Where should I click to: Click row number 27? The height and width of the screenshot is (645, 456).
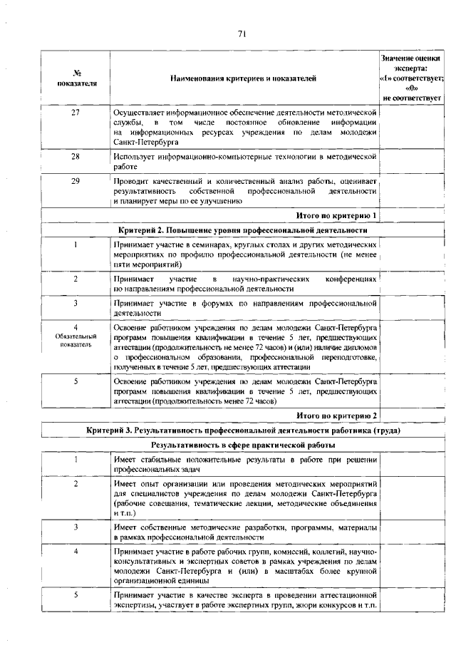click(75, 113)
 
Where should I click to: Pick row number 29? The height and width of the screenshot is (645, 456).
click(75, 181)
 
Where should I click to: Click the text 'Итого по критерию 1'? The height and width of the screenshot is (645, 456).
click(336, 215)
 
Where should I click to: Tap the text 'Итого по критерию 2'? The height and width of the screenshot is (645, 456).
click(336, 416)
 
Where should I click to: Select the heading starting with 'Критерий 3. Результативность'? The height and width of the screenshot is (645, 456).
click(243, 431)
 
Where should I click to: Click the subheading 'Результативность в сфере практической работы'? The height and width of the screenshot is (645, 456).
click(243, 445)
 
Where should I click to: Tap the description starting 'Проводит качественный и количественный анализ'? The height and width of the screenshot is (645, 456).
click(244, 191)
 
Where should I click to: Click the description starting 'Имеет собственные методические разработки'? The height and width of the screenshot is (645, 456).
click(244, 532)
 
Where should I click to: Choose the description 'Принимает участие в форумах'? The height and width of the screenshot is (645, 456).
click(244, 307)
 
